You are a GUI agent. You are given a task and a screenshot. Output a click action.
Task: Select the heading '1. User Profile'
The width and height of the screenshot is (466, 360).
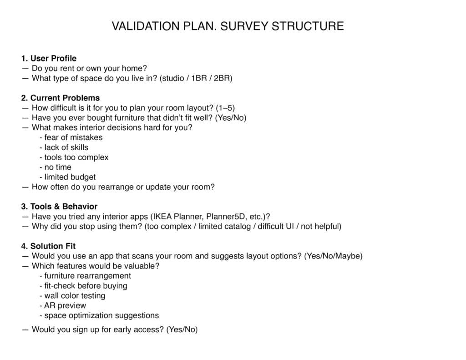point(49,58)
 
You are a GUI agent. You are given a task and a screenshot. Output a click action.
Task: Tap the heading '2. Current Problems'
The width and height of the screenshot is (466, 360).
point(60,98)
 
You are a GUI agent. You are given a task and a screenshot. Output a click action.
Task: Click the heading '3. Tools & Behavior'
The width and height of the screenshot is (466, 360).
point(59,207)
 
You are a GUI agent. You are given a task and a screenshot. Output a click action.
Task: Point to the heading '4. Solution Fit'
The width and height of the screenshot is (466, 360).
point(48,246)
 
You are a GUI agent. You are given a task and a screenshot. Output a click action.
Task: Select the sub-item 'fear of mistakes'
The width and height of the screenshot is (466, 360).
point(73,137)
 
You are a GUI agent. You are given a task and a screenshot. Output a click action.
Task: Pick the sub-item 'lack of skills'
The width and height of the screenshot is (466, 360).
point(66,147)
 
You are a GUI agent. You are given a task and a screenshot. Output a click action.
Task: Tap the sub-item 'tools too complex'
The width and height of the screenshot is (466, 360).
point(76,157)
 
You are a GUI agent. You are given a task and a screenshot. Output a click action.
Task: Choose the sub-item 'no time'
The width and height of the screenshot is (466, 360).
point(58,167)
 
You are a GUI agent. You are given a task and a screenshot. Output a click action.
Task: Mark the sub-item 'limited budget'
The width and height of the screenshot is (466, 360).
point(70,177)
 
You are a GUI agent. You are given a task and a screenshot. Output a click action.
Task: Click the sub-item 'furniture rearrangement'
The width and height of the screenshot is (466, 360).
point(87,276)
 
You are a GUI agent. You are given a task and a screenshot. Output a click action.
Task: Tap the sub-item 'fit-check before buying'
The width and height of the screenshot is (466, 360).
point(86,286)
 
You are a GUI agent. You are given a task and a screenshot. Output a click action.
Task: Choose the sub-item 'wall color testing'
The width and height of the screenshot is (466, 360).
point(75,296)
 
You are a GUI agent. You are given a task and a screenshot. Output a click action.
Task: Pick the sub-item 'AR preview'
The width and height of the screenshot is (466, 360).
point(65,305)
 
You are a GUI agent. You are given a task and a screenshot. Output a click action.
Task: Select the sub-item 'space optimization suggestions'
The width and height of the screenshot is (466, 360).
point(101,315)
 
